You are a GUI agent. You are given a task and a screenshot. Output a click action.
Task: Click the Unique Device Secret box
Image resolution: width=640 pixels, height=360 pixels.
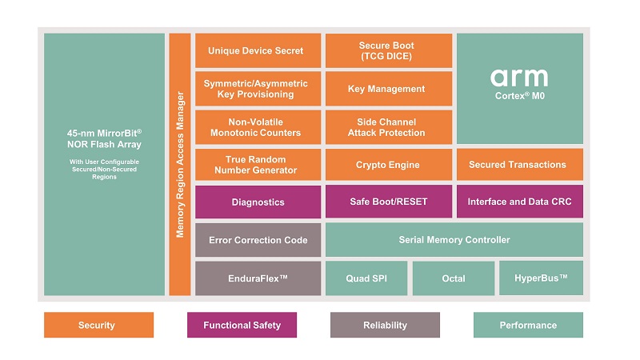tap(256, 50)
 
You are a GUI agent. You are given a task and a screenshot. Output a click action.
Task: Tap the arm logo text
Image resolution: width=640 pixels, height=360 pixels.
tap(519, 78)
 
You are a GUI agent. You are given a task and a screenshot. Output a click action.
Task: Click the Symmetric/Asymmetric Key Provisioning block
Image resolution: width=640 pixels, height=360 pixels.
tap(256, 89)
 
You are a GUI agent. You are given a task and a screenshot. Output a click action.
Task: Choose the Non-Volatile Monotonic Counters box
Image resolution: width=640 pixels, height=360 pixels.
tap(256, 127)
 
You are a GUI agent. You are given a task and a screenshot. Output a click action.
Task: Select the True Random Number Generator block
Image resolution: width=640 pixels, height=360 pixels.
tap(256, 165)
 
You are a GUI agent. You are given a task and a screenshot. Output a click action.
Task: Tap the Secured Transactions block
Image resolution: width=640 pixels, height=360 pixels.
tap(518, 165)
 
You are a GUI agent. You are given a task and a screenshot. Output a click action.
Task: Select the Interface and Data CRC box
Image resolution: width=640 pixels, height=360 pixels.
tap(519, 202)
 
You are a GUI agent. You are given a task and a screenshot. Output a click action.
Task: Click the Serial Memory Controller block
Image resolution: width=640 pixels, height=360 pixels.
tap(454, 240)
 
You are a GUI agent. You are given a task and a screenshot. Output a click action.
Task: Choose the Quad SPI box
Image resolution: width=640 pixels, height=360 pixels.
tap(366, 278)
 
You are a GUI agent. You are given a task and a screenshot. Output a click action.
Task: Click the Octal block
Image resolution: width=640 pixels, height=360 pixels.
tap(453, 278)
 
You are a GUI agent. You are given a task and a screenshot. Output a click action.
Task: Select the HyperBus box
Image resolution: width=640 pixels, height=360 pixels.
tap(541, 278)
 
